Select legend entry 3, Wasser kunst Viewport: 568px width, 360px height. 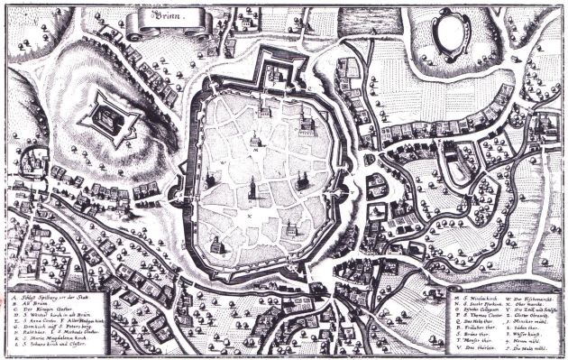click(x=527, y=338)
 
